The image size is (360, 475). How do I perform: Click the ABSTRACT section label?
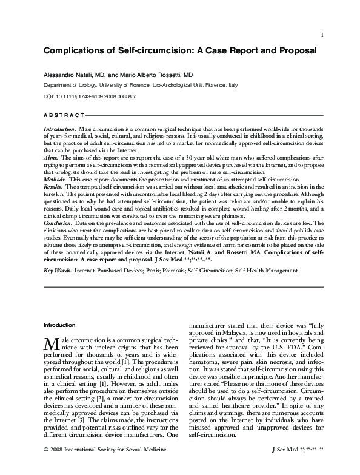[x=64, y=115]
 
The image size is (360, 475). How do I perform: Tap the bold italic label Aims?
[x=50, y=157]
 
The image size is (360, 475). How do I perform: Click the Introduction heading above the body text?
[x=61, y=325]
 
